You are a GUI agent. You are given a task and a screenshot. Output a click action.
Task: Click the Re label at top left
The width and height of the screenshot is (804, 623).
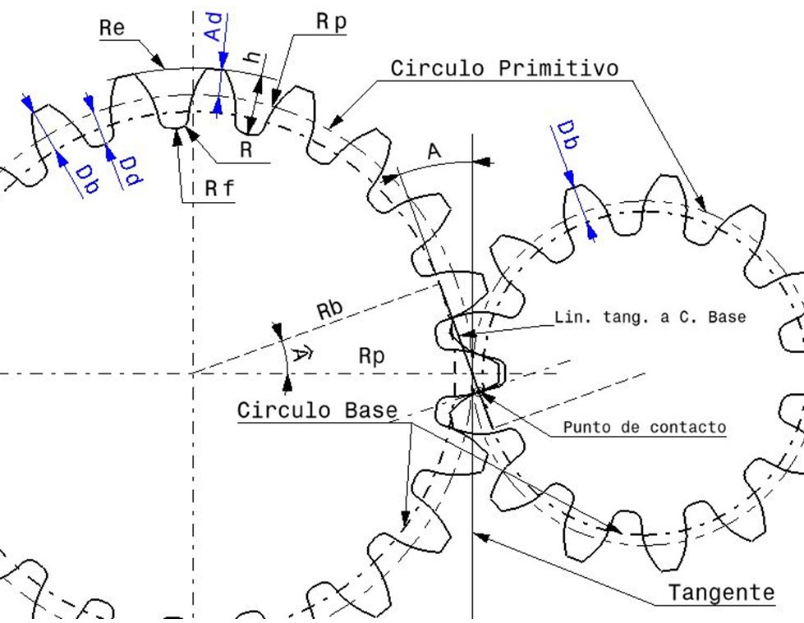tap(113, 27)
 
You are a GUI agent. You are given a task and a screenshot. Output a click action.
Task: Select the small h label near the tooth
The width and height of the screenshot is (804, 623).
tap(255, 58)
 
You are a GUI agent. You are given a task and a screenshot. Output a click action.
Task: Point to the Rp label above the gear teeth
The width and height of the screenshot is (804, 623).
tap(332, 23)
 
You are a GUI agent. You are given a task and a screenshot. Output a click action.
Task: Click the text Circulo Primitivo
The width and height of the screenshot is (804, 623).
tap(503, 67)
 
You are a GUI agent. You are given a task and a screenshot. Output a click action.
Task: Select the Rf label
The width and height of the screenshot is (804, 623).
tap(219, 189)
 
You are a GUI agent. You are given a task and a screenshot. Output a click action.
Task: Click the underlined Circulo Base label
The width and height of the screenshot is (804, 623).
tap(318, 410)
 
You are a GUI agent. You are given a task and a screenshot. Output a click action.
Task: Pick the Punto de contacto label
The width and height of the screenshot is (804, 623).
tap(644, 427)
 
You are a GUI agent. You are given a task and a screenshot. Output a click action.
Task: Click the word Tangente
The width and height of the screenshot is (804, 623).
tap(721, 592)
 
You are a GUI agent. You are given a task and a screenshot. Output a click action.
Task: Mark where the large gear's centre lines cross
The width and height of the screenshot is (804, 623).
tap(192, 373)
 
